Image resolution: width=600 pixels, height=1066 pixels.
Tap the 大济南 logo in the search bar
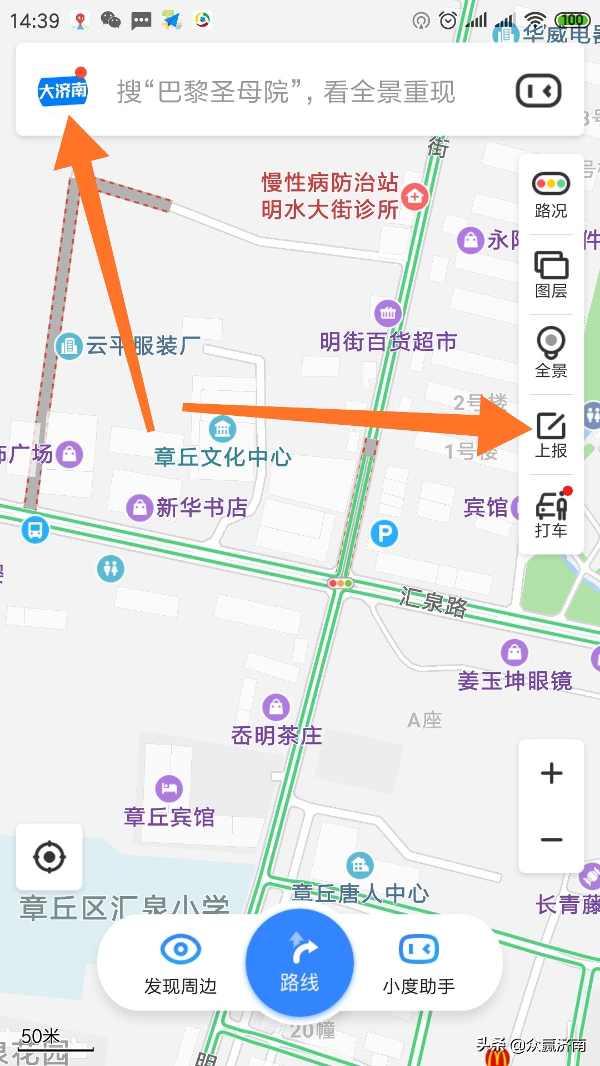pos(63,90)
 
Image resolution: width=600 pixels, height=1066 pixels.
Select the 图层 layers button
pos(551,274)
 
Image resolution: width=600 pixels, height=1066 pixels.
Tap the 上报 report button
pos(551,435)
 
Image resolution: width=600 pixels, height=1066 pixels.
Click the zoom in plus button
pos(551,773)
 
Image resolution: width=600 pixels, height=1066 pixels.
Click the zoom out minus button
pos(551,839)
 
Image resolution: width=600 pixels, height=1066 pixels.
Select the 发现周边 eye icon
pos(181,949)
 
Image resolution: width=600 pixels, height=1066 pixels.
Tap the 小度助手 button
pos(419,963)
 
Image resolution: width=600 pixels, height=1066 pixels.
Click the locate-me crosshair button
pos(49,857)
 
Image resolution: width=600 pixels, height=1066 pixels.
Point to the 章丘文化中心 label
pos(223,457)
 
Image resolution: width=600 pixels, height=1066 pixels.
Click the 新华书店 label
pos(202,507)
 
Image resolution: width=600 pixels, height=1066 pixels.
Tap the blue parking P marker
pos(384,534)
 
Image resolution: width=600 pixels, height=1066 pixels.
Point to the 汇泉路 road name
pos(433,603)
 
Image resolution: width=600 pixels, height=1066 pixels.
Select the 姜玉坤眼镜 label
pos(514,681)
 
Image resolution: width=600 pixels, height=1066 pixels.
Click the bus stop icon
pos(35,530)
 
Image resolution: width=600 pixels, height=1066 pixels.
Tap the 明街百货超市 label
pos(388,342)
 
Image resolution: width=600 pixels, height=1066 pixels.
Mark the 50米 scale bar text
pos(41,1036)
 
